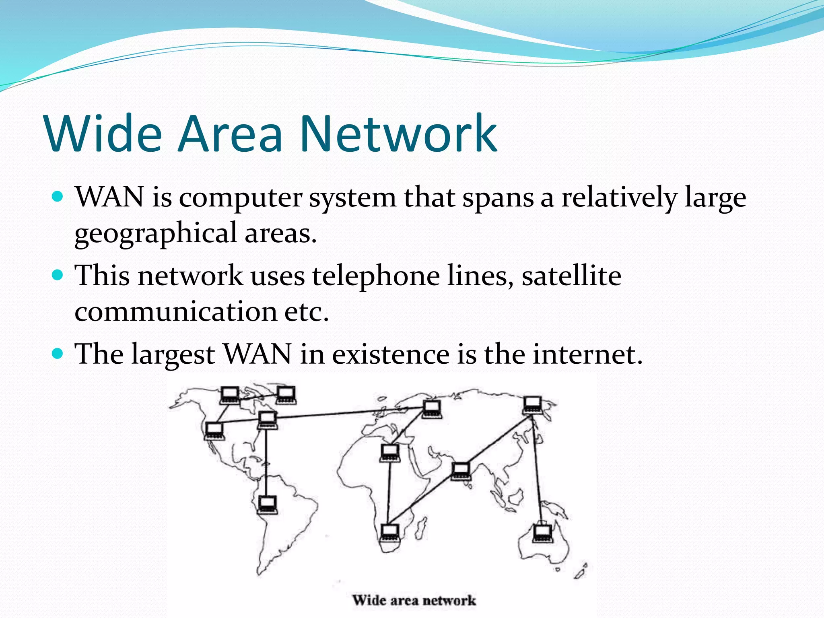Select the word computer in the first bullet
pos(240,198)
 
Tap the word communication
pos(175,311)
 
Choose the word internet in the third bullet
pos(587,354)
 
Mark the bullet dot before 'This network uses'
pos(58,275)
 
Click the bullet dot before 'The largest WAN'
pos(58,354)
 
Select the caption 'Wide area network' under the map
pos(414,601)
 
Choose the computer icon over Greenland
pos(286,395)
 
